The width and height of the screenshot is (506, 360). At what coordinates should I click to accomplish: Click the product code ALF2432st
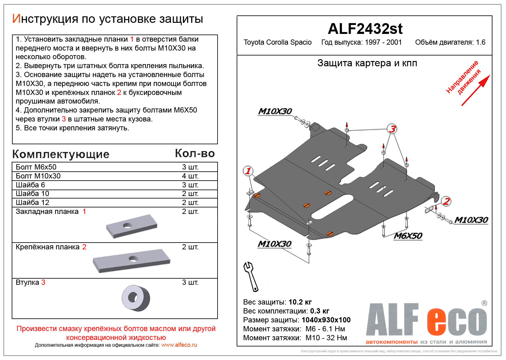[365, 29]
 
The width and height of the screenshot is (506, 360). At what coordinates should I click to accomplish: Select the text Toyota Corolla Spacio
[277, 42]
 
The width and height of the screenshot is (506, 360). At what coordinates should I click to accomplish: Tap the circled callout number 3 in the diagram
[392, 129]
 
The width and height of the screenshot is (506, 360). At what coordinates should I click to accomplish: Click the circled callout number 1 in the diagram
[248, 171]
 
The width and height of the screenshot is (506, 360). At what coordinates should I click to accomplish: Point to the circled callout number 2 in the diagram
[446, 201]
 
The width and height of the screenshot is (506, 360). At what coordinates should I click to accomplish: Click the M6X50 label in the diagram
[408, 236]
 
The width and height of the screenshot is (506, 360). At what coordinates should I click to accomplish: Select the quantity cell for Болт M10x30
[190, 176]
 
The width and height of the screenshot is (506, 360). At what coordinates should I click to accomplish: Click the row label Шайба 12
[32, 202]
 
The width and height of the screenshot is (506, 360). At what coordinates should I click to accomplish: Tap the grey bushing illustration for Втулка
[136, 298]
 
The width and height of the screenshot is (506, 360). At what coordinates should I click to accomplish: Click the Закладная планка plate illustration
[132, 226]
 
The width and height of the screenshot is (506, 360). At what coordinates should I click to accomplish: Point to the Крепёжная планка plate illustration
[132, 260]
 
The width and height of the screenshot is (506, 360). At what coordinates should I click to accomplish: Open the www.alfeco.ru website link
[179, 345]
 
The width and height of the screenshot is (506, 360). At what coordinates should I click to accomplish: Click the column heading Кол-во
[195, 153]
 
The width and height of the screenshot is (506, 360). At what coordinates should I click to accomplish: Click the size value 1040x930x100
[326, 320]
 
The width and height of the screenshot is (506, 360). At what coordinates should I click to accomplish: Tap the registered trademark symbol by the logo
[484, 303]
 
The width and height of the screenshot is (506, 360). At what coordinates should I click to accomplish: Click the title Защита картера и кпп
[367, 63]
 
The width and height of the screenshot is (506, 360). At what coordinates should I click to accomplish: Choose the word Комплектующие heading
[61, 154]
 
